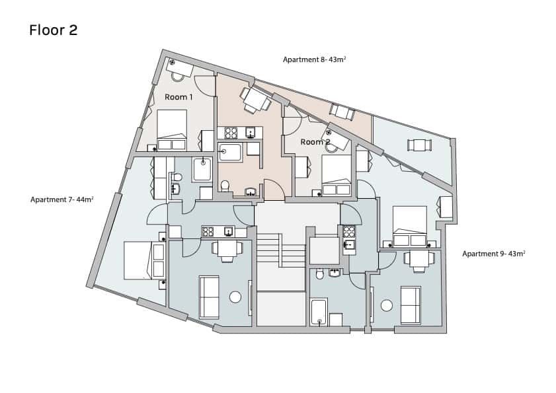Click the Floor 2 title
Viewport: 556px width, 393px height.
53,30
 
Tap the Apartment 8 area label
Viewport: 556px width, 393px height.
314,59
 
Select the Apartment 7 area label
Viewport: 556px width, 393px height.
61,199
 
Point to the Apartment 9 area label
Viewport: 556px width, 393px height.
494,254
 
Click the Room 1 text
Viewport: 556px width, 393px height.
179,96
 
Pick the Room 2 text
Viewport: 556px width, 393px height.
315,142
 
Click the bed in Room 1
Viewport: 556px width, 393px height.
172,129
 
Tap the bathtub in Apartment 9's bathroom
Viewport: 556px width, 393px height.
319,312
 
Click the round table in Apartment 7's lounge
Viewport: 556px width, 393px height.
235,297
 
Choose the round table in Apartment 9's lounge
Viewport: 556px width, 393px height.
387,305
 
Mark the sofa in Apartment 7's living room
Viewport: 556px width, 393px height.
209,297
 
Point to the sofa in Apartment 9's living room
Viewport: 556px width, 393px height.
411,305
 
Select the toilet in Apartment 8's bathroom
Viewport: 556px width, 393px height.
225,186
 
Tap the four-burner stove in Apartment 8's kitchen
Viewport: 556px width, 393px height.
231,133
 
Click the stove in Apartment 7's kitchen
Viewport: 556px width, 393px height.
208,232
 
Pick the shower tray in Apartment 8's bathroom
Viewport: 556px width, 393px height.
230,153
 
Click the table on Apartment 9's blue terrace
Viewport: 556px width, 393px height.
419,145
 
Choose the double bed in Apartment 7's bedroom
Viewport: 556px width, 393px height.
144,260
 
